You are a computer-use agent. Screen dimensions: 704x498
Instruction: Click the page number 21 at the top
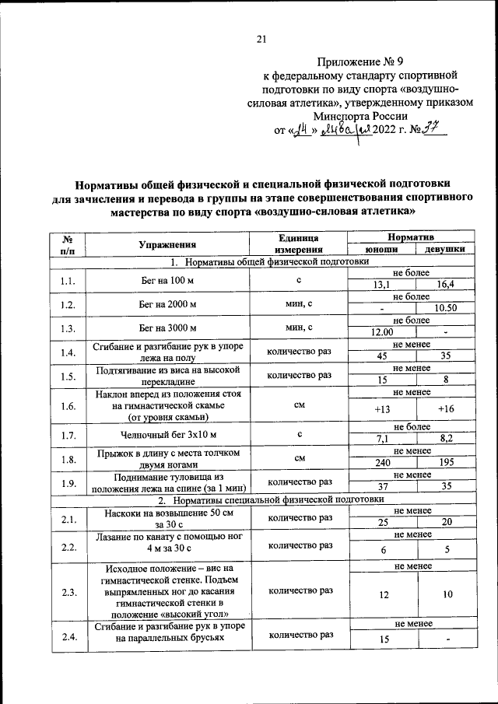261,41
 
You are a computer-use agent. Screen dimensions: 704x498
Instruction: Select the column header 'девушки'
446,249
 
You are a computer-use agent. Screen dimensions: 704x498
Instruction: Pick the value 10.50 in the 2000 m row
446,309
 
